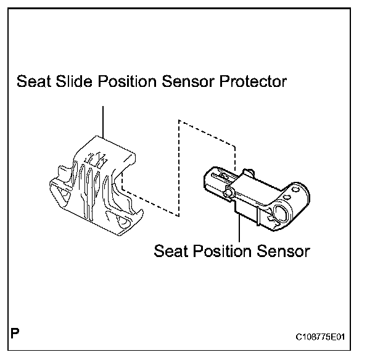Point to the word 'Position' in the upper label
[125, 83]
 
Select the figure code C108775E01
[319, 337]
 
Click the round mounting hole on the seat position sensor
[278, 214]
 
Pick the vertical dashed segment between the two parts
[178, 166]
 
